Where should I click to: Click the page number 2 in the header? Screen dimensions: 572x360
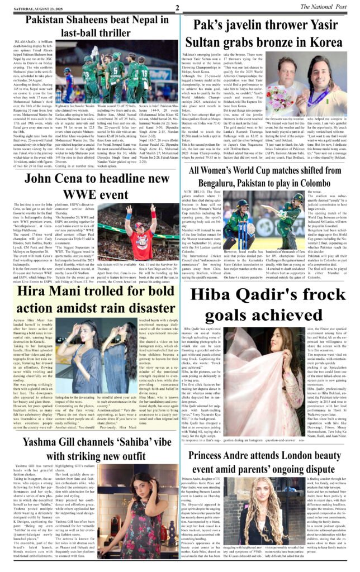[177, 7]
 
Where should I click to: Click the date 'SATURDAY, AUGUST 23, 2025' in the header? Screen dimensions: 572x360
[34, 7]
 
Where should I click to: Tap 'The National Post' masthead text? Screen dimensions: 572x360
[330, 6]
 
